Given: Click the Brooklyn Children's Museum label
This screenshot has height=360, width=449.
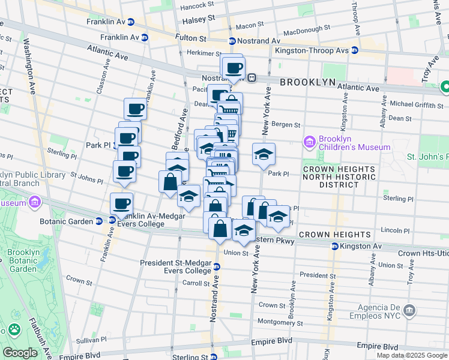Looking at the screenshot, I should (355, 142).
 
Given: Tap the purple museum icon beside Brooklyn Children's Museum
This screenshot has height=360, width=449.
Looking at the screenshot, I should (310, 142).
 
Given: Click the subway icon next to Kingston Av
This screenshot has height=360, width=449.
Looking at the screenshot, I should (334, 247).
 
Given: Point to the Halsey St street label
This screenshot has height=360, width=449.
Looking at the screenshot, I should (197, 21).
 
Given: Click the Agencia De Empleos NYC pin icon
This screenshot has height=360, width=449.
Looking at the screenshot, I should (409, 310).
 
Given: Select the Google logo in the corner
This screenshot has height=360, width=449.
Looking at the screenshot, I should (20, 353).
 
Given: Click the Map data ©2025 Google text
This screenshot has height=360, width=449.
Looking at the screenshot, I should (411, 355).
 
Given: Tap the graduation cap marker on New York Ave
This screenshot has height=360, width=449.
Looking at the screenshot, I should (264, 154).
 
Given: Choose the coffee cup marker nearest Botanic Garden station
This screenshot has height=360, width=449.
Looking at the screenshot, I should (121, 203).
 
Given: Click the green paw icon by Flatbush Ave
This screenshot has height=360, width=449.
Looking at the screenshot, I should (14, 329).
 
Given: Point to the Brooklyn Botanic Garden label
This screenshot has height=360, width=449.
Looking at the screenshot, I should (23, 261).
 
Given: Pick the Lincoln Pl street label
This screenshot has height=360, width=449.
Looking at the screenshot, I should (395, 230).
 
